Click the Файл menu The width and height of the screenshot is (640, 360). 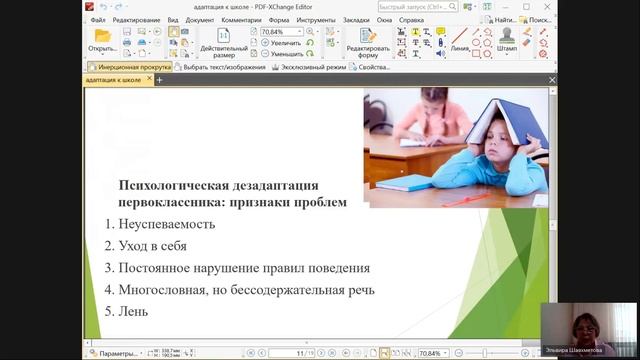tap(97, 19)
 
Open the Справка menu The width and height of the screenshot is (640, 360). tap(411, 19)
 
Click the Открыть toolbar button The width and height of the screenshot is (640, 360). tap(102, 40)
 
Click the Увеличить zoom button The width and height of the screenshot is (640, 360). tap(284, 43)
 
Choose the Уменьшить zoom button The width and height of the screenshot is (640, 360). tap(285, 54)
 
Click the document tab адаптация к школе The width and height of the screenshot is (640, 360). tap(115, 79)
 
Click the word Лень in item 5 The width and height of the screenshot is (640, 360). tap(133, 311)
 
